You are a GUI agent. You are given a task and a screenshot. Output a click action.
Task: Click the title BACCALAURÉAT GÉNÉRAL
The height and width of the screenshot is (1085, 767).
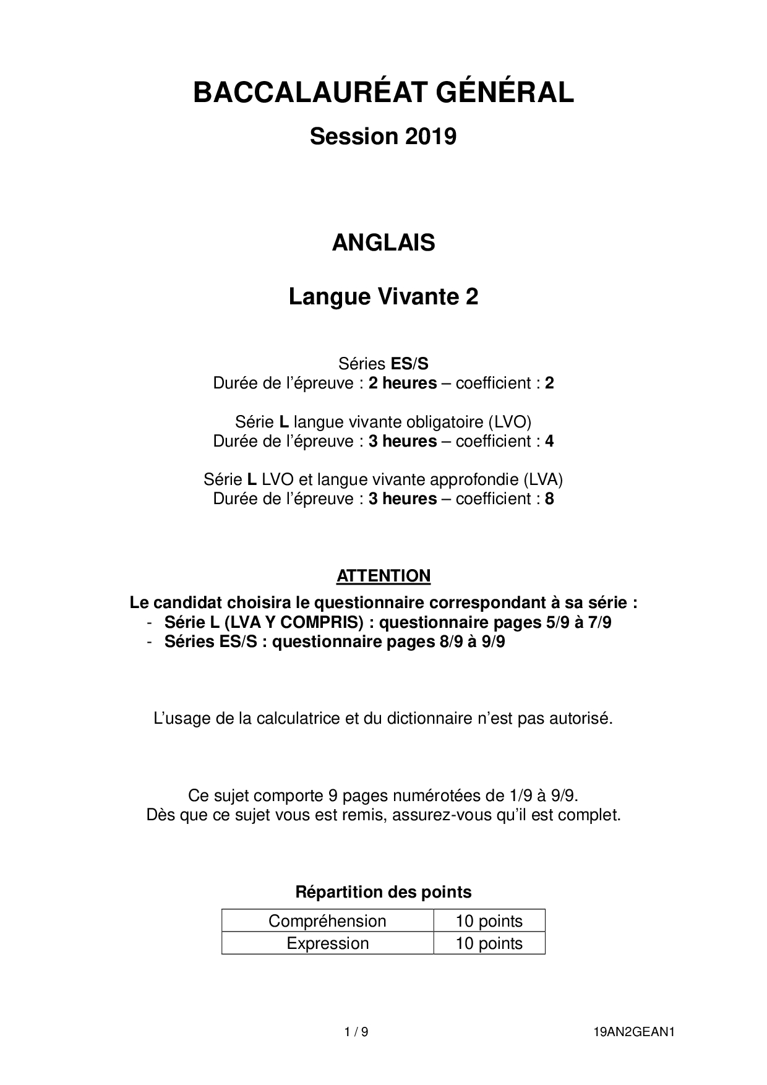click(383, 93)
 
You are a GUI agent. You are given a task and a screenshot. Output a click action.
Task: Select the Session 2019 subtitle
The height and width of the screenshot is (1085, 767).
click(383, 136)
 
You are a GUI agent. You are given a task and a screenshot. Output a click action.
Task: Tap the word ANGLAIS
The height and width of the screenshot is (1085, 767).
click(383, 242)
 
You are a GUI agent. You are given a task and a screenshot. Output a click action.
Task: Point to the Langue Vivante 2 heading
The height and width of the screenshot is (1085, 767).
click(383, 298)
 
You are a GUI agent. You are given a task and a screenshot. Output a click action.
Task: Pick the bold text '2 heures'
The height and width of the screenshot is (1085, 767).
click(403, 384)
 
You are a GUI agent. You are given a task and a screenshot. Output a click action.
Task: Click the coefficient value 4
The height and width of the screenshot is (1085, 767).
click(549, 442)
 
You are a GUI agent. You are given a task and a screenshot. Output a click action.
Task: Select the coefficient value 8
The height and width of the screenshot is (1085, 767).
click(549, 499)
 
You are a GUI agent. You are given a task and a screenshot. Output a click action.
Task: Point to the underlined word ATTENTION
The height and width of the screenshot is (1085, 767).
click(383, 576)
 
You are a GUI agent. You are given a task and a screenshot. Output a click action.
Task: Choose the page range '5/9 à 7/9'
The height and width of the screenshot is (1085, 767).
click(579, 622)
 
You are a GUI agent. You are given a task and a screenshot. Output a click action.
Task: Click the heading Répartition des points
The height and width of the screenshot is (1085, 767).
click(383, 892)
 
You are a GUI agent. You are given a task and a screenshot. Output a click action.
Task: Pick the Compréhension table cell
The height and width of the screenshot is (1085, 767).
click(327, 921)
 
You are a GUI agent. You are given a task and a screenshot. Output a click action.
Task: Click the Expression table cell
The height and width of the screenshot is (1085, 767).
click(327, 943)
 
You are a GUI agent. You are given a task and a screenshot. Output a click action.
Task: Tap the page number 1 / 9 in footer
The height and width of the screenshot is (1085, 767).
click(356, 1032)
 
